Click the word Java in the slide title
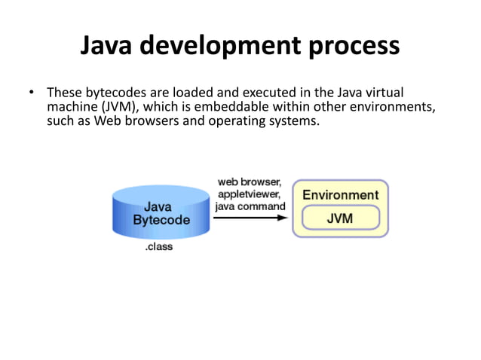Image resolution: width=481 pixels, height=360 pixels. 111,47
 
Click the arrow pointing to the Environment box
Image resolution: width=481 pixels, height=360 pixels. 250,218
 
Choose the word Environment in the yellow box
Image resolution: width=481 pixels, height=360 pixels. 340,195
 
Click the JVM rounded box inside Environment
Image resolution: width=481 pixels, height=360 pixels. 340,218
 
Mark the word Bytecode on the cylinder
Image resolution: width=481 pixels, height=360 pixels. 161,220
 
